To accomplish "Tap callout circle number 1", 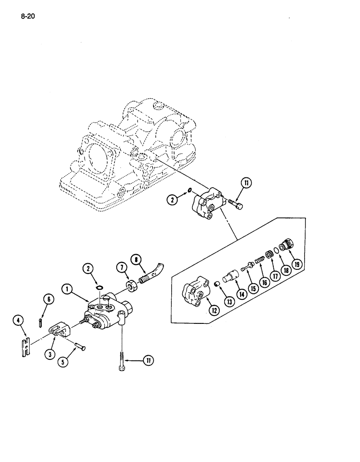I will coord(68,290).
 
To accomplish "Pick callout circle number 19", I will coord(296,264).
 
